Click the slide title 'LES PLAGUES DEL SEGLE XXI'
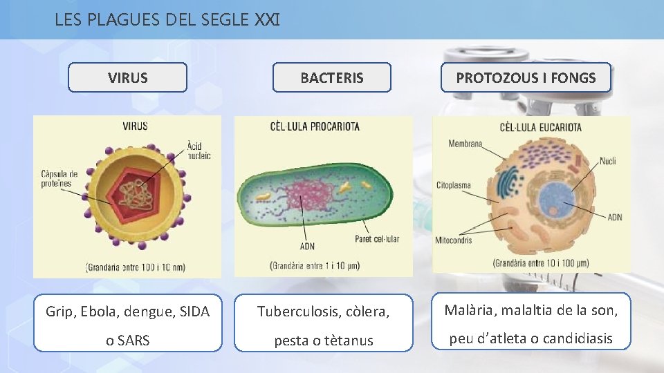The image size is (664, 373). (167, 19)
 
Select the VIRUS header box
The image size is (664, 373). (128, 78)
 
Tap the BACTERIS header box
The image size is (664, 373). (331, 78)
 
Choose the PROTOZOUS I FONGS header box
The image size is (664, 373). (526, 78)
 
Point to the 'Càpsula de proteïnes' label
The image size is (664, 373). (59, 178)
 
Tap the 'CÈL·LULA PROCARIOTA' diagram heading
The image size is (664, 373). (315, 127)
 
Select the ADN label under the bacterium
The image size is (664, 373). (307, 247)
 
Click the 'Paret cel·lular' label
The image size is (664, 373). (376, 240)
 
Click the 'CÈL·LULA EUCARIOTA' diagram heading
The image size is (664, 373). (540, 127)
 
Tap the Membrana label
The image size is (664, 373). (465, 144)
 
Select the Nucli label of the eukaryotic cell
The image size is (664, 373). (608, 161)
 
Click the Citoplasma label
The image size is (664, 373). (454, 185)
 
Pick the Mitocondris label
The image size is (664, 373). (454, 240)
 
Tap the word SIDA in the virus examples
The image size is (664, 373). (194, 312)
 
